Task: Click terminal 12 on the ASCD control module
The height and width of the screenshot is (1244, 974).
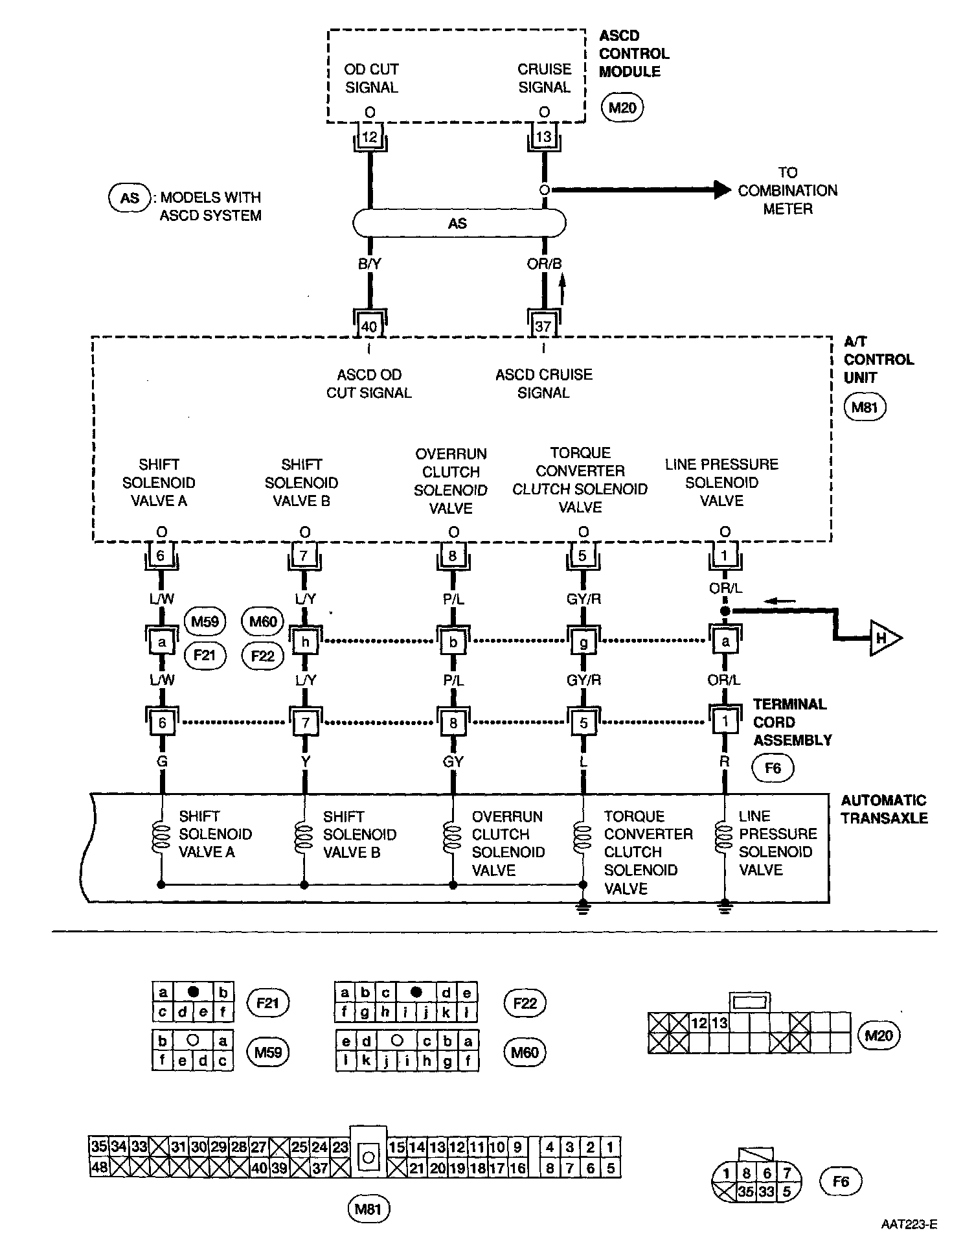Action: point(369,137)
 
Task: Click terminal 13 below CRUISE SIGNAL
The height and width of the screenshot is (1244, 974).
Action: point(543,137)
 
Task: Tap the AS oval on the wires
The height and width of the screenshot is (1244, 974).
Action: point(459,224)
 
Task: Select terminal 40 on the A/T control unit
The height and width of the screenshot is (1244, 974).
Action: point(369,326)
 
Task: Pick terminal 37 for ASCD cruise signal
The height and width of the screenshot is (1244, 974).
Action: point(543,326)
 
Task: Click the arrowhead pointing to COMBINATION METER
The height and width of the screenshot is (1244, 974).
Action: point(722,189)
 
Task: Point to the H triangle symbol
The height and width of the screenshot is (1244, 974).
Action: point(885,638)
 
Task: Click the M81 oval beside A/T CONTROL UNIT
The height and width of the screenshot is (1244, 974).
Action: point(865,408)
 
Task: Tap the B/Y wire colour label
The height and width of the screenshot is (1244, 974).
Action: point(370,264)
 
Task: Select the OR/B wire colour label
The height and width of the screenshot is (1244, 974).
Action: point(544,264)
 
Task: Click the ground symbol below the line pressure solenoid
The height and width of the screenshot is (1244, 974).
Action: point(725,908)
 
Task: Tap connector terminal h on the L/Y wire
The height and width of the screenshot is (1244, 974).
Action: point(306,641)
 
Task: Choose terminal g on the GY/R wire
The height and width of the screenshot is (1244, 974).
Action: point(583,641)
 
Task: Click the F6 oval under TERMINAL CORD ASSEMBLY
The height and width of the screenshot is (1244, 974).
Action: point(773,768)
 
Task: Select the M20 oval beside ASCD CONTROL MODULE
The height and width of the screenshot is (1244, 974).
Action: point(622,108)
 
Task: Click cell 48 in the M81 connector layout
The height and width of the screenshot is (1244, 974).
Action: point(99,1168)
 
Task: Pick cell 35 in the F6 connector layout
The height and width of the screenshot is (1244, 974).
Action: point(747,1191)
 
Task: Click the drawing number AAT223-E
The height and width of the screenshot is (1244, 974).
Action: point(908,1224)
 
